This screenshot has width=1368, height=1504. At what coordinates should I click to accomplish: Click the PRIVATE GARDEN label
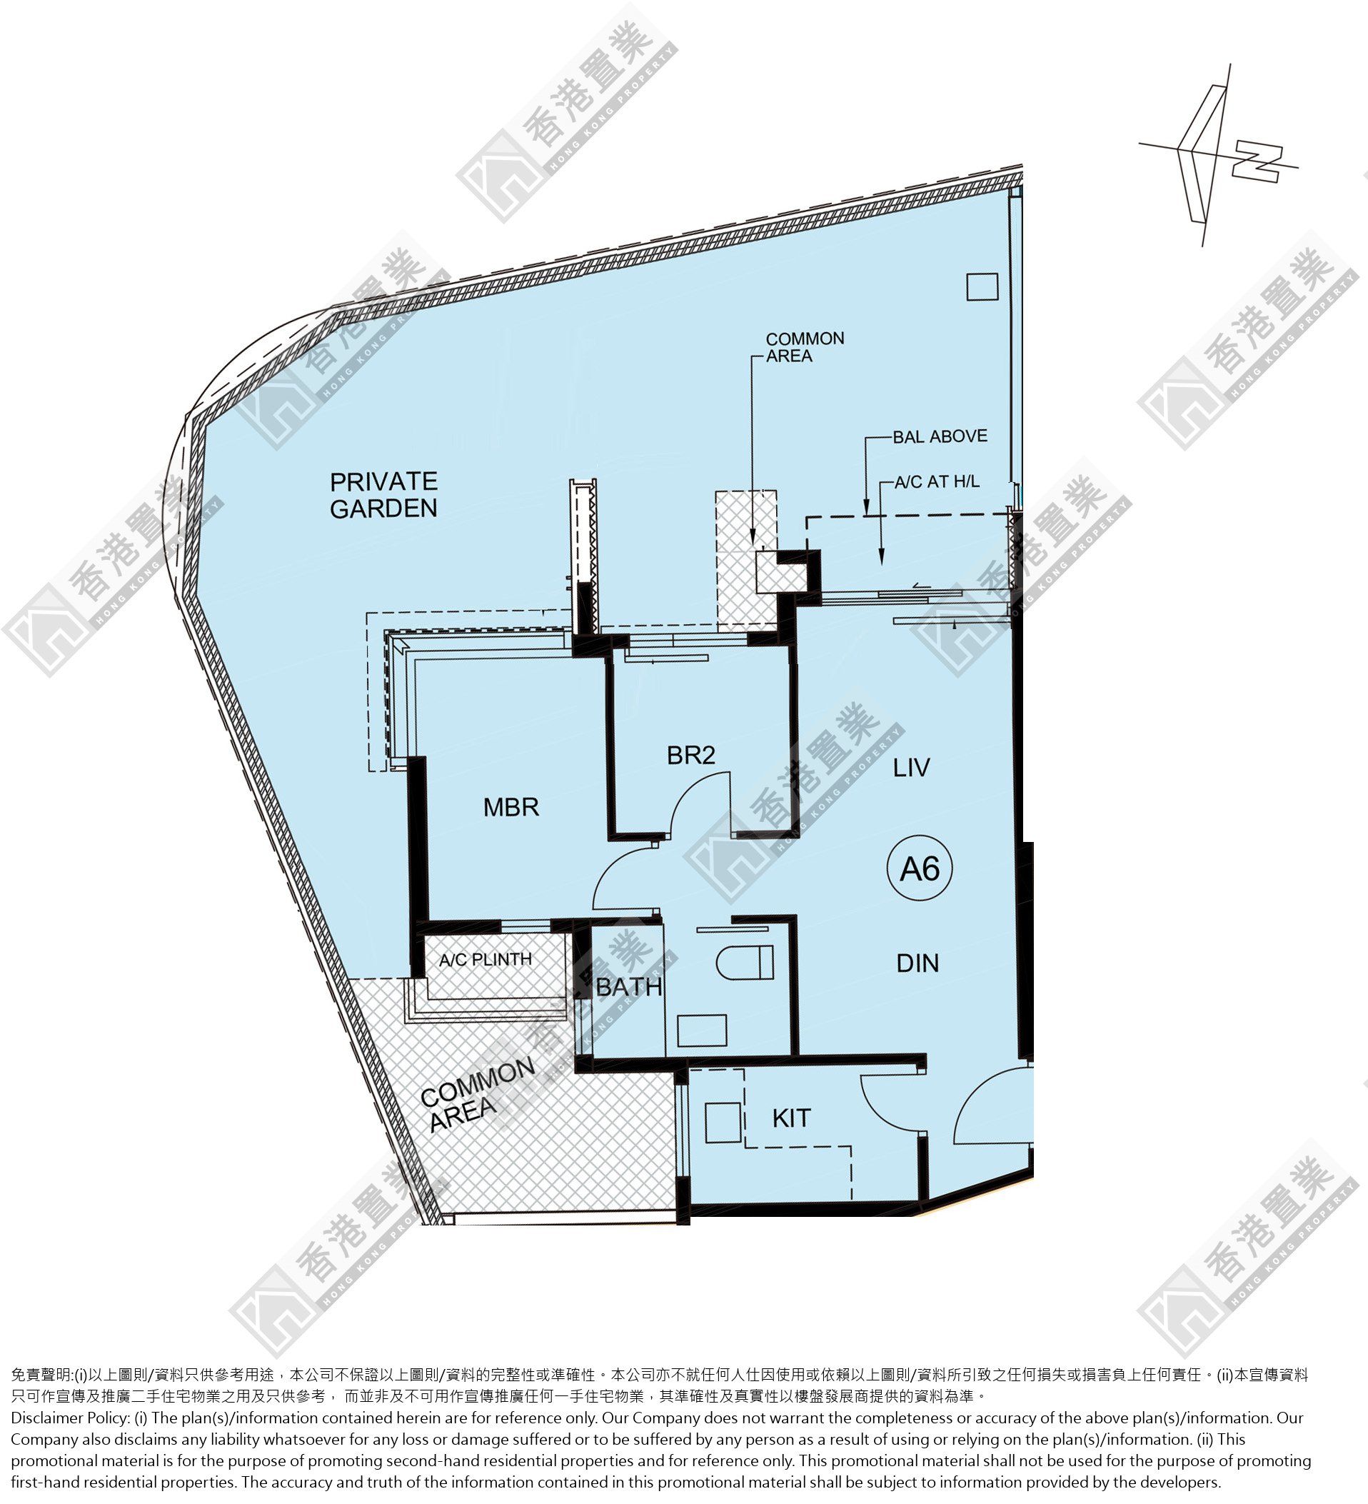pos(383,495)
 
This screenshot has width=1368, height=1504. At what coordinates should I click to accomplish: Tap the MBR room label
pos(511,806)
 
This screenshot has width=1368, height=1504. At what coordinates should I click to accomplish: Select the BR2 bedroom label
pos(690,755)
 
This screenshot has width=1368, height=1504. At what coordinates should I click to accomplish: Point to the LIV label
pos(912,767)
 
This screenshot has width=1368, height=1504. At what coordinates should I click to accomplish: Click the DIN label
pos(917,963)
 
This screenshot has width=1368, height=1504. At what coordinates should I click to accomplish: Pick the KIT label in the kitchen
pos(791,1118)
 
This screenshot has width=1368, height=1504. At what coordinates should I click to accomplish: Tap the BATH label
pos(629,987)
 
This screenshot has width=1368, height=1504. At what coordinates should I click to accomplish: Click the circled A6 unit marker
pos(920,868)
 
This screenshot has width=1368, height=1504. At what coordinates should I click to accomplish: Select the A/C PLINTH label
pos(486,959)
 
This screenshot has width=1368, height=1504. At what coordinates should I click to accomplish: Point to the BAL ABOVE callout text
pos(940,436)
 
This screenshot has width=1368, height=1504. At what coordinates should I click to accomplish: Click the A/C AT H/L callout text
pos(937,482)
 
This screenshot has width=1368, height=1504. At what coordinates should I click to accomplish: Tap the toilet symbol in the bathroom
pos(745,962)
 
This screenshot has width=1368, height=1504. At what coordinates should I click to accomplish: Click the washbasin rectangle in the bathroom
pos(702,1031)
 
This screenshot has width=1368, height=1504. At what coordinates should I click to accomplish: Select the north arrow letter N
pos(1257,163)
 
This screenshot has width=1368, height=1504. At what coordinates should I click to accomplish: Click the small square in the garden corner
pos(982,286)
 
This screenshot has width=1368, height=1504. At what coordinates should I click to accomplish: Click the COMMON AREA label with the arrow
pos(805,347)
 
